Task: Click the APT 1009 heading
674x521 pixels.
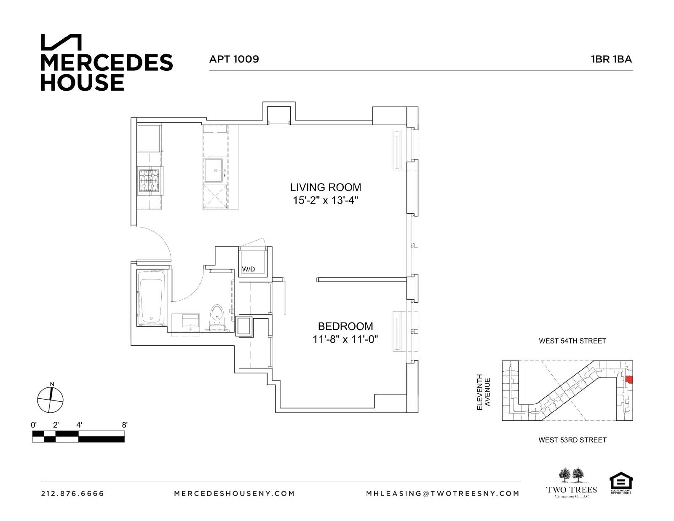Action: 234,59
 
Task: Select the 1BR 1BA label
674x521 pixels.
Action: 611,59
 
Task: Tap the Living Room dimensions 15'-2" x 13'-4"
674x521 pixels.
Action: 325,200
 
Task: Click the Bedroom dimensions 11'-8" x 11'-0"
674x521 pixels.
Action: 345,339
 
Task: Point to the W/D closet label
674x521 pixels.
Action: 248,269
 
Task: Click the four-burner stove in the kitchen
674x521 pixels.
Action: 150,180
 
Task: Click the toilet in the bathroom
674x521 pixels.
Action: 217,318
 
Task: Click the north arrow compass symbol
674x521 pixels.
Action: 50,399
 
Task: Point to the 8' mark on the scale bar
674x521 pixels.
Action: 124,425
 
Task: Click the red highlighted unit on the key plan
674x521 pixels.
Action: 629,379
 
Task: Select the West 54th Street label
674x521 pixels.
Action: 572,341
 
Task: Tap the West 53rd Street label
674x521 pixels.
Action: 572,440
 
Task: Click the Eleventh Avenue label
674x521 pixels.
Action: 483,392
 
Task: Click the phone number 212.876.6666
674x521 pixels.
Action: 72,493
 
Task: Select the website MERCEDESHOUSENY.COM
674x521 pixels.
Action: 234,493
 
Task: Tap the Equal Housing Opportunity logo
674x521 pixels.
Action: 621,483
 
